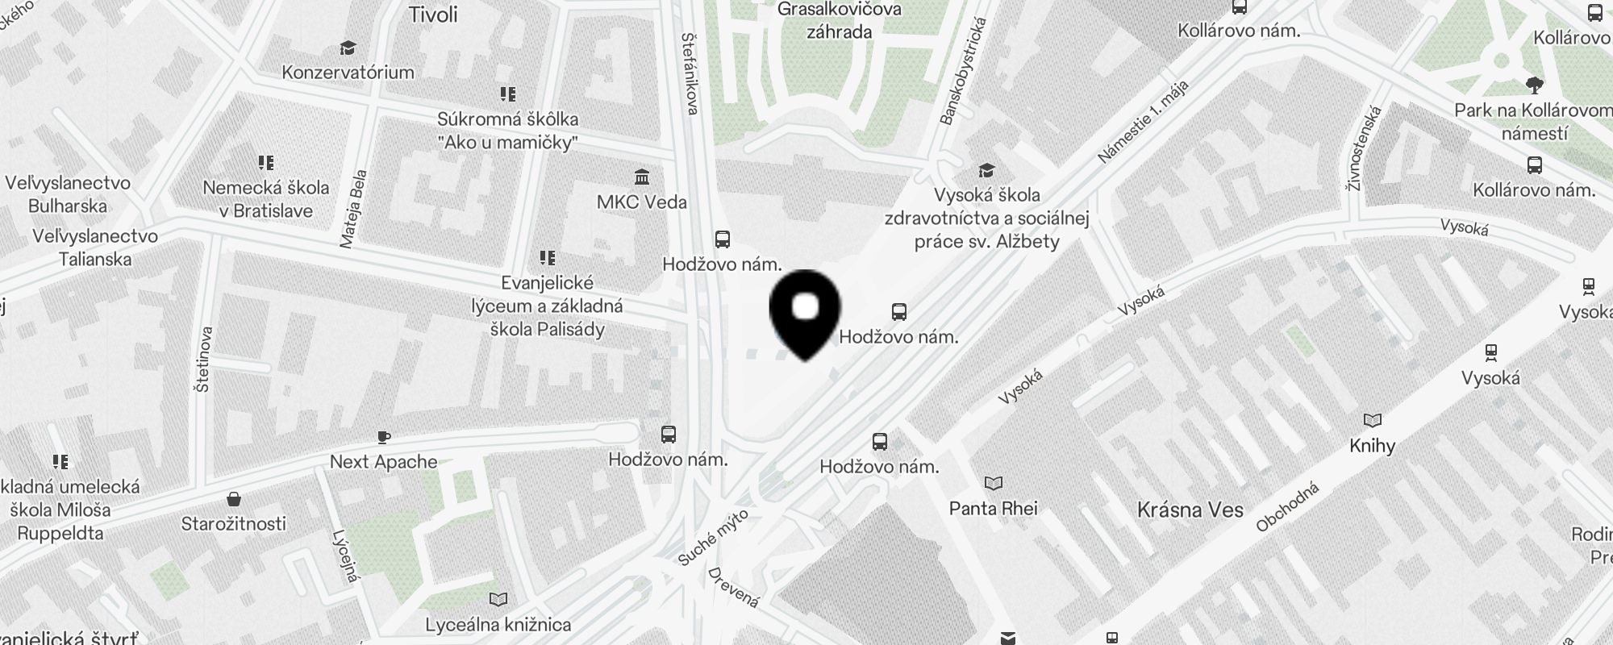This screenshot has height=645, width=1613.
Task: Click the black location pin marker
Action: [805, 310]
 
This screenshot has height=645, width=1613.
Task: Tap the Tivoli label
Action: [433, 15]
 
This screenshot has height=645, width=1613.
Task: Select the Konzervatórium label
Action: [348, 72]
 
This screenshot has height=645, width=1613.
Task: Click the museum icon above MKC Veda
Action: [642, 177]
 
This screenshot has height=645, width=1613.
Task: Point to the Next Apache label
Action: [383, 462]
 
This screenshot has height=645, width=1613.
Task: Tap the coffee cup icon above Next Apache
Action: [384, 438]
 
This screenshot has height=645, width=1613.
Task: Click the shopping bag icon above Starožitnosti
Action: [234, 499]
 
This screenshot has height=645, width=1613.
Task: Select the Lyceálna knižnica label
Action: [498, 624]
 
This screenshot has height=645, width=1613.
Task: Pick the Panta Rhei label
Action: [993, 508]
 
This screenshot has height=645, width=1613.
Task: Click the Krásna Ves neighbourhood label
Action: [1190, 510]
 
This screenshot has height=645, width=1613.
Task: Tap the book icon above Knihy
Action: [1372, 420]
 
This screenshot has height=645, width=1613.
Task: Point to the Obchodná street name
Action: [1287, 507]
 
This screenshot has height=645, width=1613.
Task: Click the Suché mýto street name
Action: [713, 537]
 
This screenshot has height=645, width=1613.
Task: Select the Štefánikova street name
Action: [690, 73]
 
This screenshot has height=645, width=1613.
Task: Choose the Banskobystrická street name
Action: [963, 72]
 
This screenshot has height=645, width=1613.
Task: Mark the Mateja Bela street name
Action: [353, 209]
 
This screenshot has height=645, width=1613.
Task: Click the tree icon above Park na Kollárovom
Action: [1534, 85]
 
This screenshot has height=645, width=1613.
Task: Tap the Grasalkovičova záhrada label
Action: [839, 21]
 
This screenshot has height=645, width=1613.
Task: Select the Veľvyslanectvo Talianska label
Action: [95, 248]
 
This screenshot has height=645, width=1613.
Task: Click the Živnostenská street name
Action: [1364, 148]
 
